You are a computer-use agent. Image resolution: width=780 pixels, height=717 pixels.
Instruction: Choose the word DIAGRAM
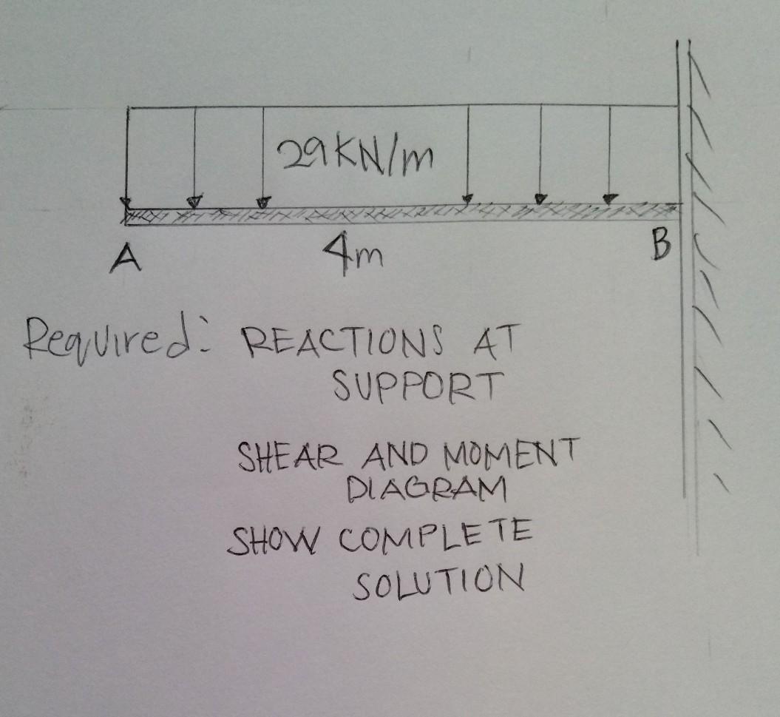(426, 488)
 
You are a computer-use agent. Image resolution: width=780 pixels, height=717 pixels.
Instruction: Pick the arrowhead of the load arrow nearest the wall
(608, 198)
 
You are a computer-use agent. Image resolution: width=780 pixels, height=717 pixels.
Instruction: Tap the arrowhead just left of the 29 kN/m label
(262, 201)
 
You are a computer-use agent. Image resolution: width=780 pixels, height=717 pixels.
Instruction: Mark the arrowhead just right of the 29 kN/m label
(467, 198)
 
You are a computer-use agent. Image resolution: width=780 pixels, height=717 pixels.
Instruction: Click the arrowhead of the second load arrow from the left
(194, 201)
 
